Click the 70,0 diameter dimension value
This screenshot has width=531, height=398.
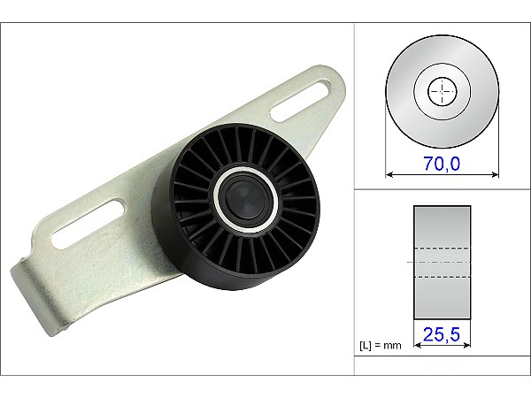pos(442,164)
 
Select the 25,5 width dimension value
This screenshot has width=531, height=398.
pos(442,334)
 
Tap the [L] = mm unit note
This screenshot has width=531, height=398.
pos(381,346)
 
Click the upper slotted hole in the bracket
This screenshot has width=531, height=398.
pos(302,101)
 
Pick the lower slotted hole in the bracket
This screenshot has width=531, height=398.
pos(88,225)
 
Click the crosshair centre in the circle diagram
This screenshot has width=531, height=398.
pos(442,91)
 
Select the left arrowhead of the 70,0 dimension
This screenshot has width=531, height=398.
pos(389,174)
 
